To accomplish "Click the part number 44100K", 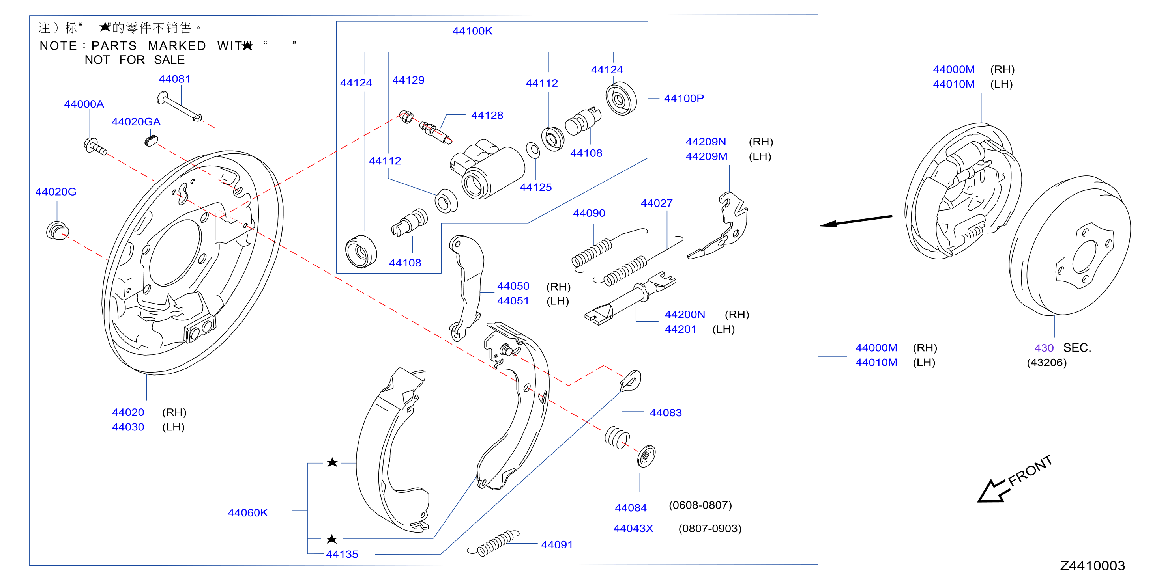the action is click(x=472, y=31).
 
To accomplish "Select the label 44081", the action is click(x=174, y=79).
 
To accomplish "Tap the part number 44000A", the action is click(x=84, y=104).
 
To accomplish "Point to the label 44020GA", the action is click(x=136, y=122).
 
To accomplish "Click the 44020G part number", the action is click(x=56, y=192).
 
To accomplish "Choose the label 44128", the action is click(x=487, y=115).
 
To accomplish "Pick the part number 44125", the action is click(x=535, y=187).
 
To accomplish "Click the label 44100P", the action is click(x=683, y=98).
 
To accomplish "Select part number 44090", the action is click(x=589, y=213).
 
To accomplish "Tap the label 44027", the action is click(x=656, y=203).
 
